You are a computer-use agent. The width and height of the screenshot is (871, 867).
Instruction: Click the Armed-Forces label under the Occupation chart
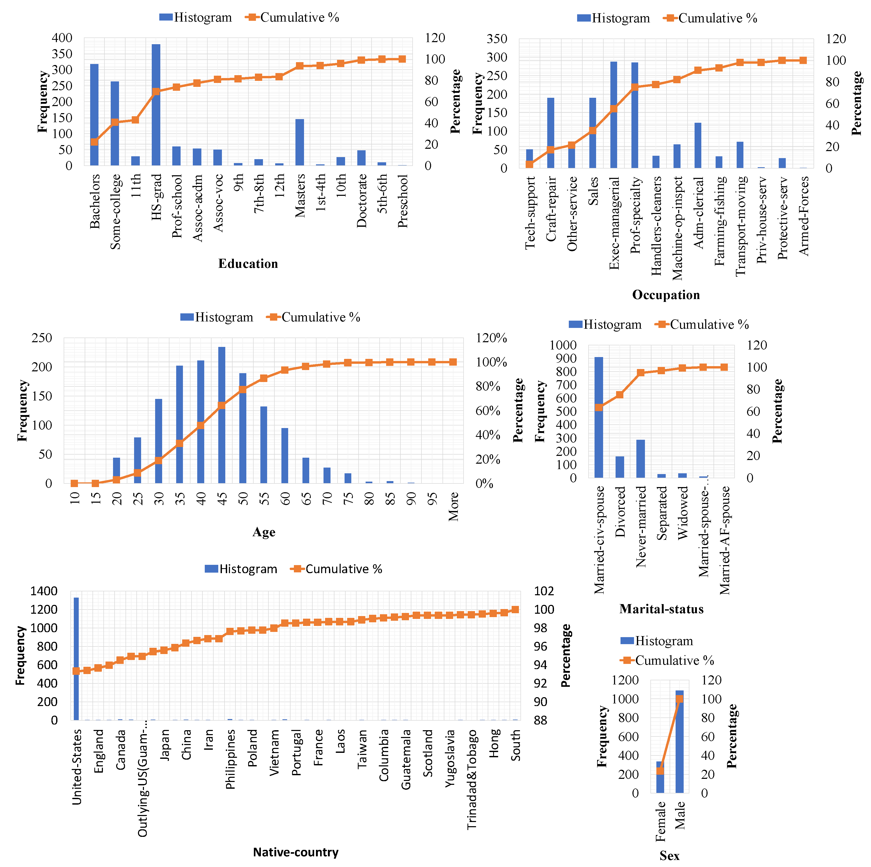point(804,216)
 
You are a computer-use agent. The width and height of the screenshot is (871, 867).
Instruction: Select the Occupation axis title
point(666,295)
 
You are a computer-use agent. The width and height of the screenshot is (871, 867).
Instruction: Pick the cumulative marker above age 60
point(285,370)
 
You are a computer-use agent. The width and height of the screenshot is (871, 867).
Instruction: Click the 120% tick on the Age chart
point(491,338)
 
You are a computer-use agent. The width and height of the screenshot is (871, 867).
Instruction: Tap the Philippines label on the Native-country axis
point(230,760)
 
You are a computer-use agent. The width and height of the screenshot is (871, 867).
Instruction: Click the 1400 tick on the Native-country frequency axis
point(44,591)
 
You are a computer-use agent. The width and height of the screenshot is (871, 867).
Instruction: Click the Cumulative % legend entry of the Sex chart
point(668,661)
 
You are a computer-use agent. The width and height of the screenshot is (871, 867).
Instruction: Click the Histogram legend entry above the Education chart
point(196,18)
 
